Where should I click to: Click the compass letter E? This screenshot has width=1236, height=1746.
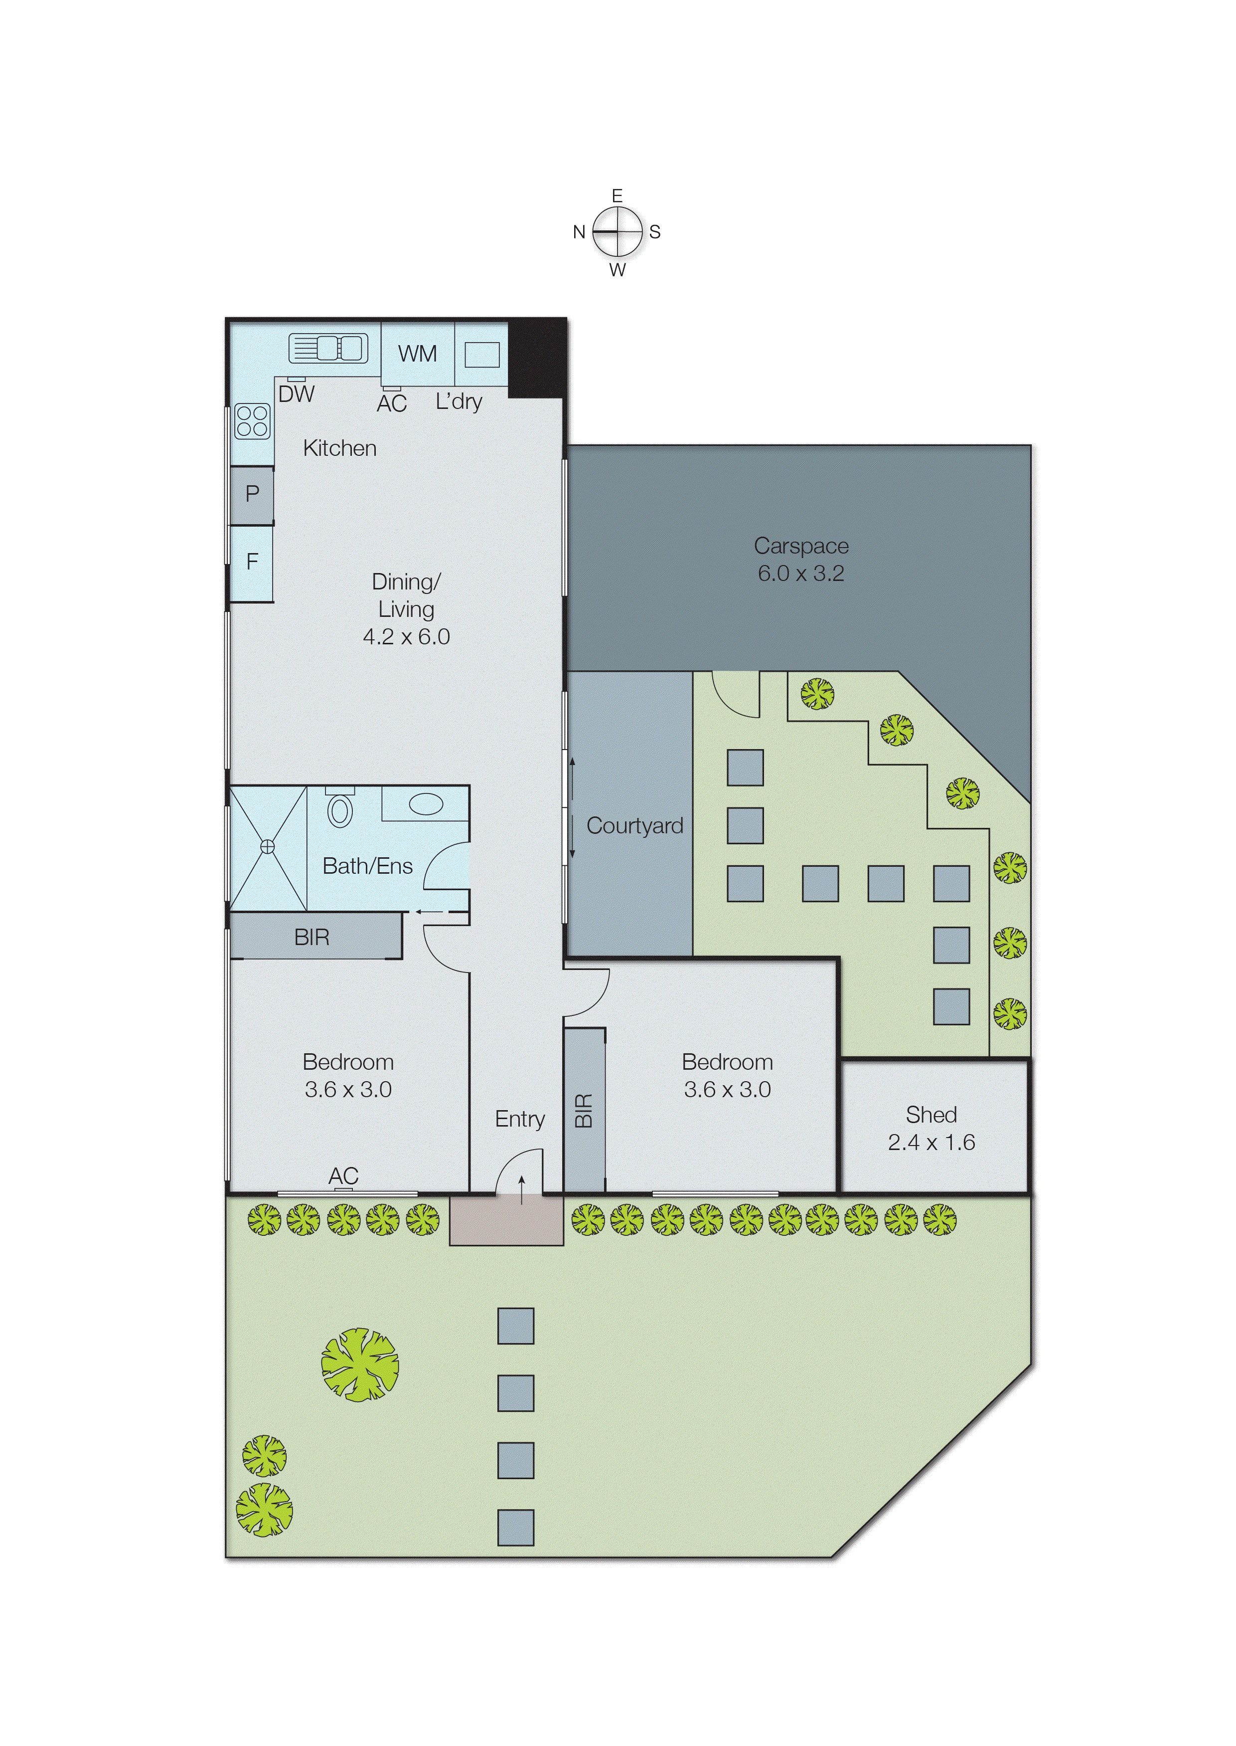pos(617,195)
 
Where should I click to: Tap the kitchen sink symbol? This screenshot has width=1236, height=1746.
pos(328,349)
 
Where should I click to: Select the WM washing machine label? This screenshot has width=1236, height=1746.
pos(417,354)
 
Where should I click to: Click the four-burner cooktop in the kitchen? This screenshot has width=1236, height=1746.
pos(252,421)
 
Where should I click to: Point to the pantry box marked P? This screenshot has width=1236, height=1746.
pos(252,494)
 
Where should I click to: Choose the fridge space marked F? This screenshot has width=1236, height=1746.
pos(252,563)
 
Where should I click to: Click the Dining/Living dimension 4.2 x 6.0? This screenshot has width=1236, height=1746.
pos(406,636)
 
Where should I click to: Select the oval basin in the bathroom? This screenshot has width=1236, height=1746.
pos(426,804)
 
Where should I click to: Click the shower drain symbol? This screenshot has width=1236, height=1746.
pos(267,847)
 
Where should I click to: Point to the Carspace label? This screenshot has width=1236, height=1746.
pos(801,546)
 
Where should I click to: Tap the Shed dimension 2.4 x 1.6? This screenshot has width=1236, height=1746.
pos(931,1142)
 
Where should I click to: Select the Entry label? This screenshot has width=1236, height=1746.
pos(520,1119)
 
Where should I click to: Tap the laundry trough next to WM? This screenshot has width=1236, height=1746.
pos(482,355)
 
